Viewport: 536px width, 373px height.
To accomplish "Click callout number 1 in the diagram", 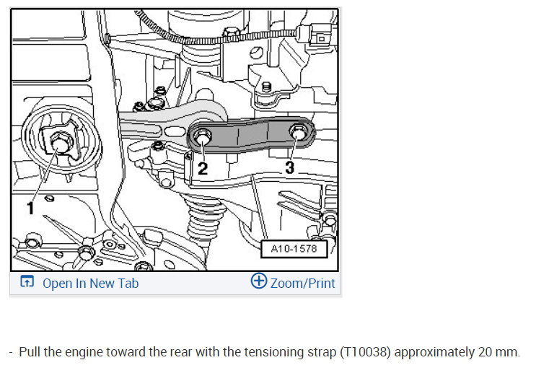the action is tap(30, 209).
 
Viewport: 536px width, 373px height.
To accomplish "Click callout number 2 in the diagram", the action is tap(203, 169).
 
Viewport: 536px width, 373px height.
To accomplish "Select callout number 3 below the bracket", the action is tap(289, 167).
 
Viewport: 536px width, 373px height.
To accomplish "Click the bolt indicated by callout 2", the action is tap(202, 136).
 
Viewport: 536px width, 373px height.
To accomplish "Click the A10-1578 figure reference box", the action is tap(294, 249).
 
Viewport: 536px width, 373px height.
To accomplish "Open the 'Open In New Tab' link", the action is tap(91, 284).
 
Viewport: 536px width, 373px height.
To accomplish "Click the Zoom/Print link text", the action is tap(302, 284).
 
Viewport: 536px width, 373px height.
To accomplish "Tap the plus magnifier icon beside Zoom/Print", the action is tap(259, 281).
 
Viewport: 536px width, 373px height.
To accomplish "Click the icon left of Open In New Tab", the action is tap(27, 281).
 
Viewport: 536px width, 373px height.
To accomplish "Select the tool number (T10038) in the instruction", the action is tap(365, 352).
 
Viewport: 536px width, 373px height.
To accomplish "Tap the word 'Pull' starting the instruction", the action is tap(30, 352).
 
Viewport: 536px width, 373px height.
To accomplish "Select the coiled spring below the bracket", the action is tap(204, 219).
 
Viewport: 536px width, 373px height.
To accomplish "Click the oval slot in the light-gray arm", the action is tap(175, 131).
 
